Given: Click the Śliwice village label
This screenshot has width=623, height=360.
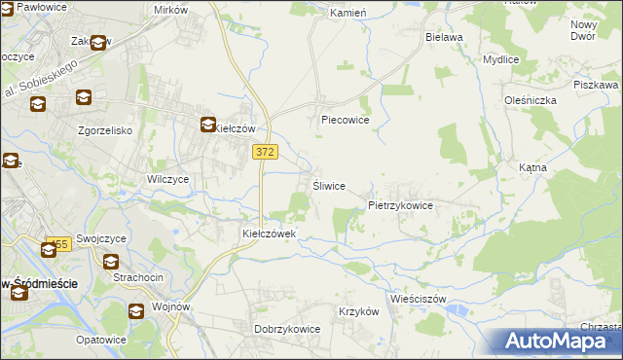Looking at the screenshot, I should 328,186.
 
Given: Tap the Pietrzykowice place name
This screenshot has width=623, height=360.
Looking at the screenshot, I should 400,206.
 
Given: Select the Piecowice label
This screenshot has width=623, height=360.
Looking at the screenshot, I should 346,121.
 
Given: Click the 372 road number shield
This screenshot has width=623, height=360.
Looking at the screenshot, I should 264,152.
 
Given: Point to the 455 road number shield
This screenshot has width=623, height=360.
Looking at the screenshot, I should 58,244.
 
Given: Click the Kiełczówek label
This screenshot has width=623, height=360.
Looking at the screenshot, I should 275,234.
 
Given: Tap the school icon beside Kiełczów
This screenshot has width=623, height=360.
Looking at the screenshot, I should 208,125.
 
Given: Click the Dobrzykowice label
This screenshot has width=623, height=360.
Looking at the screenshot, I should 287,329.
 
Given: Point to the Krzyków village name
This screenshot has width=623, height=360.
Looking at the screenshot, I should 357,311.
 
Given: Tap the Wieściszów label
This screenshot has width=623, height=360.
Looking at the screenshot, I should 417,299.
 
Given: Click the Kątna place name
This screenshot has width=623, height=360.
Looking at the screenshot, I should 532,167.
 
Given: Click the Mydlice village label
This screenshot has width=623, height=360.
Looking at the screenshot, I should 501,59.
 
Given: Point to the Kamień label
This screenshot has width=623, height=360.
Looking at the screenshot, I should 347,14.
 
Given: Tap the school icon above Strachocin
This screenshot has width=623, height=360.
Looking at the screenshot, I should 111,262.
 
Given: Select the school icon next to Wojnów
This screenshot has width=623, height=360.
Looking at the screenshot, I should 136,310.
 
